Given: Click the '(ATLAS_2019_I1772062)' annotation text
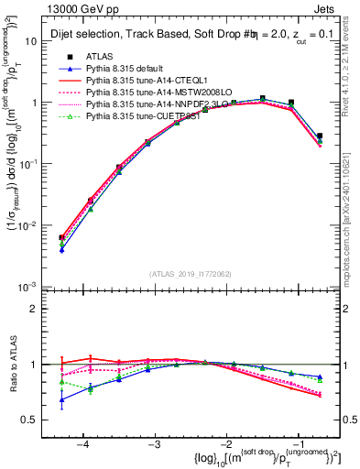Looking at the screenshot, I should pos(190,274).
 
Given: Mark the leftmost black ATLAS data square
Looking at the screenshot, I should pos(61,237).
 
